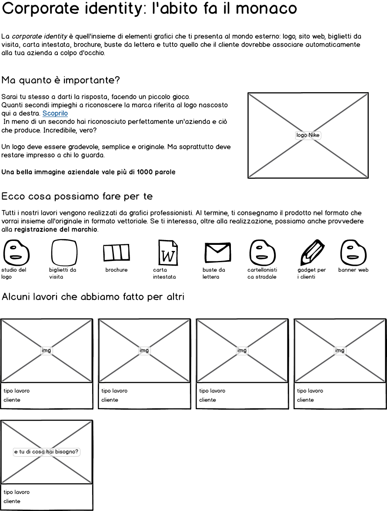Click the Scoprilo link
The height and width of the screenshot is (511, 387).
(55, 114)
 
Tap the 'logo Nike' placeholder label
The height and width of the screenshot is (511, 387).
(308, 135)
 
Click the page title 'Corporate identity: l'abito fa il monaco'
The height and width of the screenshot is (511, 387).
(149, 9)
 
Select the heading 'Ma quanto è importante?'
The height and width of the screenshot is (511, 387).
(60, 80)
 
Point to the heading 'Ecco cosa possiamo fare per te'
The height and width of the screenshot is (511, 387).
(77, 197)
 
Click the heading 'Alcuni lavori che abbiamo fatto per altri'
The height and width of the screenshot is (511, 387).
(93, 297)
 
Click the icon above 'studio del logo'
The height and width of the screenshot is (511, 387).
(16, 253)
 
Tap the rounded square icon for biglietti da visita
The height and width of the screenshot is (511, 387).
(64, 252)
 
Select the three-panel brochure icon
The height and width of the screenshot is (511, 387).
(116, 253)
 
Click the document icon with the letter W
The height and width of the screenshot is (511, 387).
(167, 253)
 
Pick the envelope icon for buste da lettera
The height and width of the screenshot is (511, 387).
(217, 253)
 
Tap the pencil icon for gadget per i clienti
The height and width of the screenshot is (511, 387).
(313, 253)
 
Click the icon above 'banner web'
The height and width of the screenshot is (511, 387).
(353, 253)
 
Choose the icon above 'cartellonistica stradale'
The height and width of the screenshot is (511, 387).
(262, 253)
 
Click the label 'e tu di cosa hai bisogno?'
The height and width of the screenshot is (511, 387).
(47, 452)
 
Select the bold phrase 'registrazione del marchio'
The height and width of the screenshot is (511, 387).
(56, 229)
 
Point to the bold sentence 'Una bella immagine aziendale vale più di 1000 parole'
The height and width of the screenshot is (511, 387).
(88, 172)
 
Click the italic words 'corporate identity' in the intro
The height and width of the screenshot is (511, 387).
(39, 36)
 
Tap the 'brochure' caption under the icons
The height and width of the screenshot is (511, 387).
(117, 270)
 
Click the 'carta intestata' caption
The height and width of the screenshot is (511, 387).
(164, 274)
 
